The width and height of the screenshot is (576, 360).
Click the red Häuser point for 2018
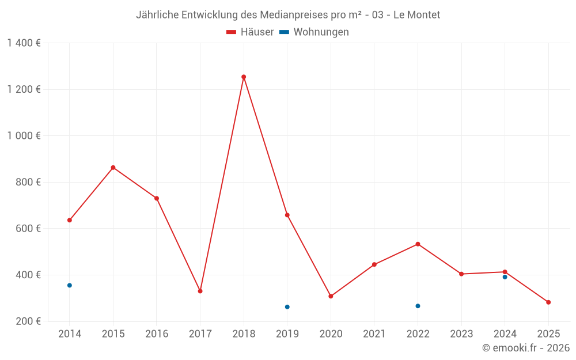coord(244,77)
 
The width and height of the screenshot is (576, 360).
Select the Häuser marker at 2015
coord(113,168)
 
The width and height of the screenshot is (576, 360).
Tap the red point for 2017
coord(200,291)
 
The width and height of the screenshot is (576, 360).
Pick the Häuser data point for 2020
coord(331,296)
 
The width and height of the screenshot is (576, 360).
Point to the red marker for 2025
coord(548,302)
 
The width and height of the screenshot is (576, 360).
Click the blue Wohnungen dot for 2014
coord(70,285)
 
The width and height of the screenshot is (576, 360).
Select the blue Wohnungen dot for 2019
coord(287,307)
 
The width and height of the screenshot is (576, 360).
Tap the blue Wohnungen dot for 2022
coord(418,306)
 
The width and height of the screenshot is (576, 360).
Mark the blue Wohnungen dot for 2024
coord(505,277)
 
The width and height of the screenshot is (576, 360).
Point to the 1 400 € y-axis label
coord(24,43)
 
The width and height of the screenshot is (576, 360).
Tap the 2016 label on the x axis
coord(157,334)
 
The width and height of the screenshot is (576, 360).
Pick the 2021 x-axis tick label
coord(374,334)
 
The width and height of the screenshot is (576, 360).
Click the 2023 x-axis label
coord(461,334)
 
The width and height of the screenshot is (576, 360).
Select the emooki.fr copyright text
coord(525,348)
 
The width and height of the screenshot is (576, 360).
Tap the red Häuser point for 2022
coord(418,244)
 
